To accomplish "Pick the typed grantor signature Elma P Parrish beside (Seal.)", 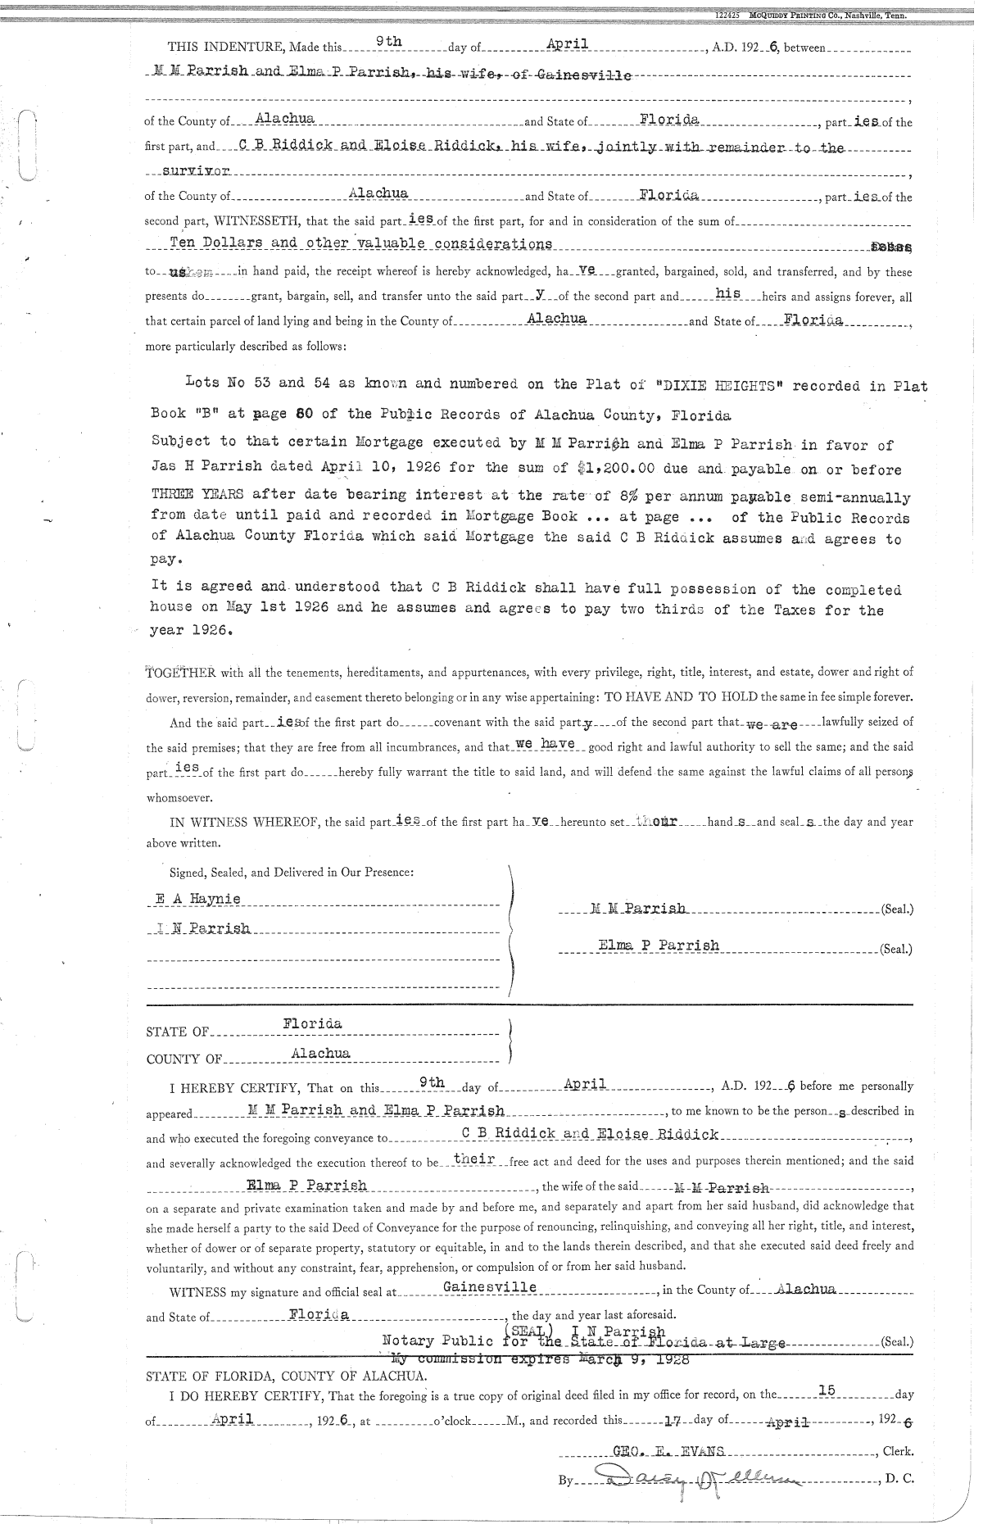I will (x=659, y=945).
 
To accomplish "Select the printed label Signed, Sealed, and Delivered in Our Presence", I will (x=291, y=872).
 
